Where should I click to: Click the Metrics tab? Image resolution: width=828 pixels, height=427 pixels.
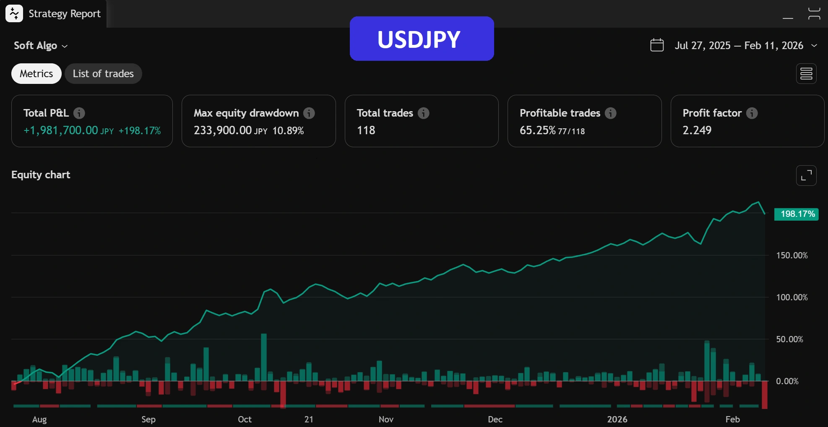pyautogui.click(x=36, y=74)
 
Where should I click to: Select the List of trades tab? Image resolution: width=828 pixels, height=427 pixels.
pyautogui.click(x=103, y=74)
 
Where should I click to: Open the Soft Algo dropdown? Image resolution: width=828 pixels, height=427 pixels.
pyautogui.click(x=41, y=46)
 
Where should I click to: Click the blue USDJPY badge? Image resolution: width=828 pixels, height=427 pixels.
pyautogui.click(x=422, y=39)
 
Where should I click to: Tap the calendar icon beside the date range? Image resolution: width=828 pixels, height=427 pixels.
pyautogui.click(x=656, y=45)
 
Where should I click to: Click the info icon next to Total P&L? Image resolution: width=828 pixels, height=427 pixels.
pyautogui.click(x=79, y=113)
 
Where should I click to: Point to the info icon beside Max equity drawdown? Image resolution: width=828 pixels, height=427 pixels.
pyautogui.click(x=309, y=113)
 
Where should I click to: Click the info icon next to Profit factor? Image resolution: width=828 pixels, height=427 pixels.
pyautogui.click(x=752, y=113)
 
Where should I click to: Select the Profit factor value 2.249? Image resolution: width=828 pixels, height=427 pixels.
pyautogui.click(x=697, y=130)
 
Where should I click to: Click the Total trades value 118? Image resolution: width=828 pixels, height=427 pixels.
pyautogui.click(x=366, y=130)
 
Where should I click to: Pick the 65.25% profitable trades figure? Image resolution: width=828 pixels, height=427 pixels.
pyautogui.click(x=537, y=130)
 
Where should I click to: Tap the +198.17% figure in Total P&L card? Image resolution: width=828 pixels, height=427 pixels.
pyautogui.click(x=140, y=131)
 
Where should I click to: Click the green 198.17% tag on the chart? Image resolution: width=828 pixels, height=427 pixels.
pyautogui.click(x=796, y=214)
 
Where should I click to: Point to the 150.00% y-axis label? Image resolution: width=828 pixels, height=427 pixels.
pyautogui.click(x=792, y=255)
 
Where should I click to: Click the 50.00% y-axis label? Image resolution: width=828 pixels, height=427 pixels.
pyautogui.click(x=789, y=339)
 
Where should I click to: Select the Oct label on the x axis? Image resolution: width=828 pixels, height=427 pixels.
pyautogui.click(x=245, y=419)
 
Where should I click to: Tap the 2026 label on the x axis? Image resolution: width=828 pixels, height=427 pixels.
pyautogui.click(x=617, y=419)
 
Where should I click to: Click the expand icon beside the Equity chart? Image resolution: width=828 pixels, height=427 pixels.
pyautogui.click(x=806, y=175)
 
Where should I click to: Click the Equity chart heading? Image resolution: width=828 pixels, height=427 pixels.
pyautogui.click(x=41, y=175)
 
